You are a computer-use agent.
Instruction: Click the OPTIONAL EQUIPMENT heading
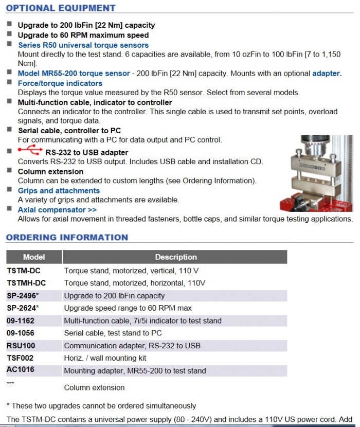point(61,8)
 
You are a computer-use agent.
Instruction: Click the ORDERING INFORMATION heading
point(67,237)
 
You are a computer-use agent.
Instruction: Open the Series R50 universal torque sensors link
point(76,45)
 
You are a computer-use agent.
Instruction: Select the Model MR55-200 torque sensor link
point(74,74)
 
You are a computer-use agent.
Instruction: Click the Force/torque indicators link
point(60,83)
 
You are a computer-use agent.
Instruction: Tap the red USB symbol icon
point(30,151)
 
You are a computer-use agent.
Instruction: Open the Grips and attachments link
point(59,190)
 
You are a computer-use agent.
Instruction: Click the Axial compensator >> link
point(57,210)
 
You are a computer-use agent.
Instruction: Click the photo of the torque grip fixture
point(317,172)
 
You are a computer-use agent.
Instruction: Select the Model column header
point(34,257)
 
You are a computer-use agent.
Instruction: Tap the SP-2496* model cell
point(23,296)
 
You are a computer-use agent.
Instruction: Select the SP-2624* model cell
point(23,308)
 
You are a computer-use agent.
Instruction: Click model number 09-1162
point(21,321)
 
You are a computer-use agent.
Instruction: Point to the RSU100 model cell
point(21,346)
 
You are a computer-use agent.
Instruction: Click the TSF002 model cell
point(20,358)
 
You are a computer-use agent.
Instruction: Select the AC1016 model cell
point(20,370)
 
